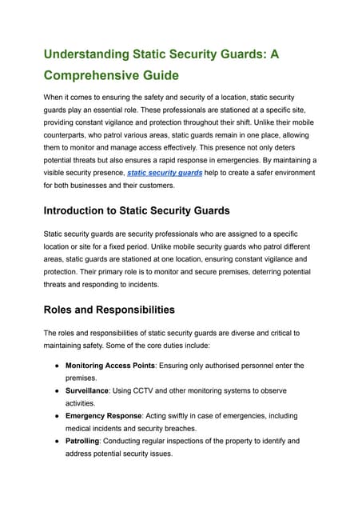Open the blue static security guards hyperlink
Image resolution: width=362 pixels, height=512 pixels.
click(x=165, y=173)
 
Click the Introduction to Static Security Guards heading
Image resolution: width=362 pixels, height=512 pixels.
click(x=137, y=211)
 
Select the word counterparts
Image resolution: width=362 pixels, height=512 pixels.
click(x=69, y=134)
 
